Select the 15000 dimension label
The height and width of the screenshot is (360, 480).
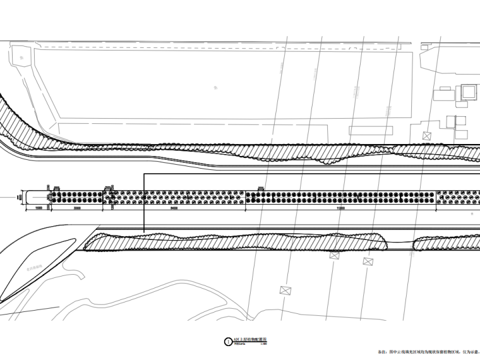coord(38,207)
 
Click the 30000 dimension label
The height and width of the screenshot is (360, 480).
coord(77,207)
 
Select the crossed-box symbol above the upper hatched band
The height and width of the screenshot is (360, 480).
coord(426,135)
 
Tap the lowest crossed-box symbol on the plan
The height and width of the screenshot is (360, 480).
coord(285,290)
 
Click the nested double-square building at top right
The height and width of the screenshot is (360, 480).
coord(468,92)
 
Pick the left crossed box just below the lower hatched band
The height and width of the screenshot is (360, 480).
coord(333,255)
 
